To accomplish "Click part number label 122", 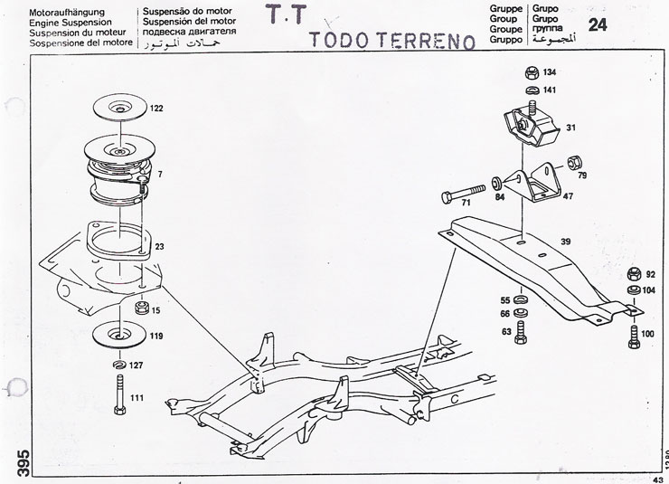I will click(156, 109).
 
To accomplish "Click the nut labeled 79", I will click(573, 164).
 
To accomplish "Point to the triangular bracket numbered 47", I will click(541, 184).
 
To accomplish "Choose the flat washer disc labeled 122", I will click(120, 108).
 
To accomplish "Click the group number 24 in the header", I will click(597, 24).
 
